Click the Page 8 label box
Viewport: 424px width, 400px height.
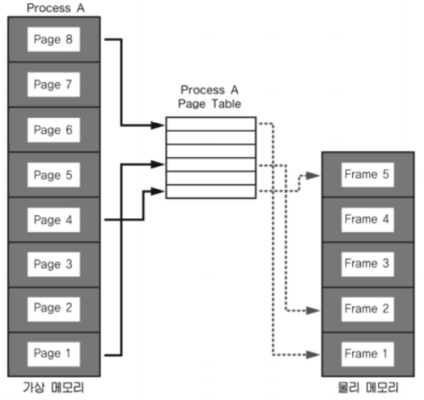(x=54, y=39)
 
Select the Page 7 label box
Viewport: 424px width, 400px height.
(x=54, y=84)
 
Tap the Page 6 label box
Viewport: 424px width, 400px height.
(x=54, y=130)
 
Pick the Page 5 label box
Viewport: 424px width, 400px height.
(x=54, y=175)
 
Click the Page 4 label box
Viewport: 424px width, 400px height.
(x=54, y=219)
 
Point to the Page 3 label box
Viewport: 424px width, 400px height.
(x=54, y=264)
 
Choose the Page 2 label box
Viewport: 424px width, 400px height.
(x=54, y=309)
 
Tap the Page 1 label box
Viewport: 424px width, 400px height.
(x=54, y=354)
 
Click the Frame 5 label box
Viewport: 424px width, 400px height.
(x=368, y=175)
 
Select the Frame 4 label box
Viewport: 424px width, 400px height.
(x=368, y=219)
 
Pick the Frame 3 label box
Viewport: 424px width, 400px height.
(x=368, y=264)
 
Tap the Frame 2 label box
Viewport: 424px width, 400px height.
(x=368, y=309)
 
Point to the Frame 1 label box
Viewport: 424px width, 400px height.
(x=368, y=354)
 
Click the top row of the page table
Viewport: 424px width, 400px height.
(x=211, y=124)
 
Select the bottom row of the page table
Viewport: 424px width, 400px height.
(x=211, y=192)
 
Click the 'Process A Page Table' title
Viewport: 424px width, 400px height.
(x=210, y=97)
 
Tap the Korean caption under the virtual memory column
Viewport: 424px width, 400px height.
(x=54, y=388)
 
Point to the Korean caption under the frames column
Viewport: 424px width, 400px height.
(x=368, y=388)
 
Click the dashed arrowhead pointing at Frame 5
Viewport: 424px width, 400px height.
(x=312, y=175)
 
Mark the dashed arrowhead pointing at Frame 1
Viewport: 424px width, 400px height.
(x=312, y=354)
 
